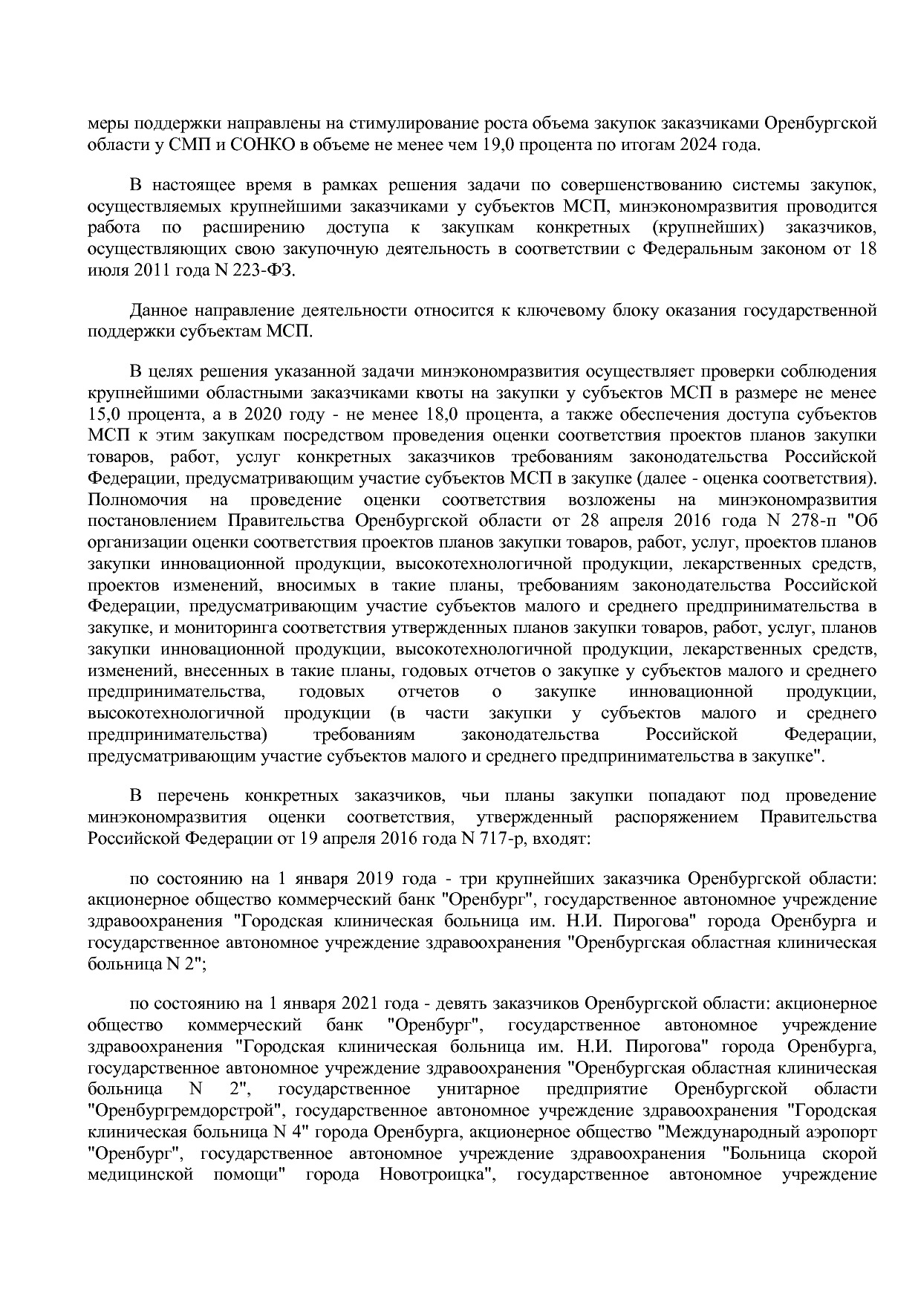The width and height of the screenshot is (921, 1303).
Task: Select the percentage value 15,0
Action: pos(106,414)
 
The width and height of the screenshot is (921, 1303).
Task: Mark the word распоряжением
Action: pos(677,818)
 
